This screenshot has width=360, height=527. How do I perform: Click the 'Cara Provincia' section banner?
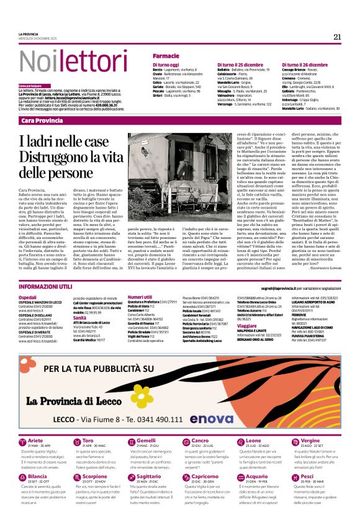click(45, 120)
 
